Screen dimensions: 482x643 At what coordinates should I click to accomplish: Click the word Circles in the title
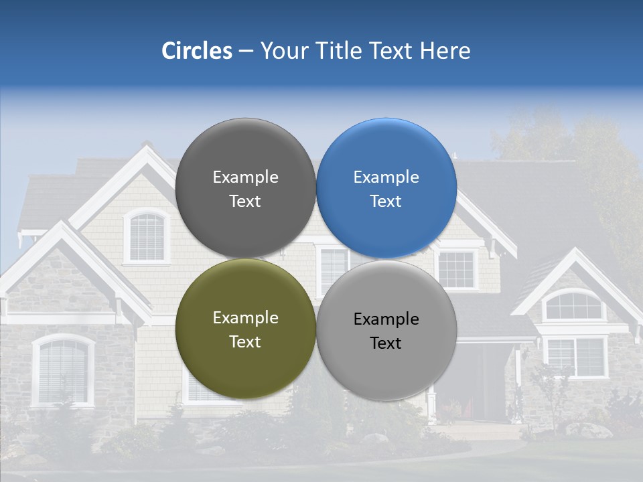coord(197,51)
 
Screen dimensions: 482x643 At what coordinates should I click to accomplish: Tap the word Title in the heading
coord(338,51)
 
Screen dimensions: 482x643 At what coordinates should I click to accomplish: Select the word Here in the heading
coord(445,51)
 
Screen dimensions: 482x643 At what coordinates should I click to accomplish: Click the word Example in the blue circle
coord(386,177)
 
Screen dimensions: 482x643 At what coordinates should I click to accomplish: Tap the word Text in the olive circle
coord(245,342)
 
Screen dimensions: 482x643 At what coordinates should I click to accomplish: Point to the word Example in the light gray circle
coord(386,319)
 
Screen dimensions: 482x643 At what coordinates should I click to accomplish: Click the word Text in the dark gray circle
coord(245,202)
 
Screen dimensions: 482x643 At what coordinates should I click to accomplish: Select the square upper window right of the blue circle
coord(457,269)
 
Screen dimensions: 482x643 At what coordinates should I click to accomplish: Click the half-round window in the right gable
coord(573,306)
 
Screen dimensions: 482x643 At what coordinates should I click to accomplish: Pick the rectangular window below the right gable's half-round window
coord(575,357)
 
